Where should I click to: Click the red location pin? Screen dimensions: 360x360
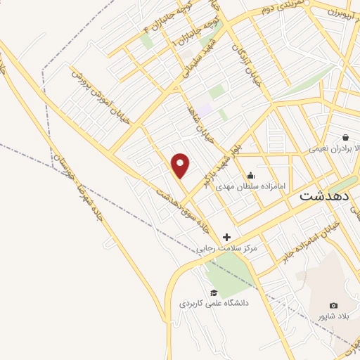tap(181, 165)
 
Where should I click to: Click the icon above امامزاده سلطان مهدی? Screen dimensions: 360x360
tap(251, 176)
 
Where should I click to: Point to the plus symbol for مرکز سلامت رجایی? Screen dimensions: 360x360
tap(226, 238)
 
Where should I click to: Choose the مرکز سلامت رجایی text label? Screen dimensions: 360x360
tap(226, 248)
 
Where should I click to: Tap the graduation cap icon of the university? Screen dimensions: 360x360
tap(214, 292)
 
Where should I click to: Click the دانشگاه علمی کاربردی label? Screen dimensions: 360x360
tap(214, 303)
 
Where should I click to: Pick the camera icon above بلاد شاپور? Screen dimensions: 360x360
tap(333, 306)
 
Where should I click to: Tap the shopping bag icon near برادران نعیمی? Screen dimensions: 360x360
tap(345, 137)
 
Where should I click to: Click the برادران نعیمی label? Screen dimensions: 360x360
tap(330, 149)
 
